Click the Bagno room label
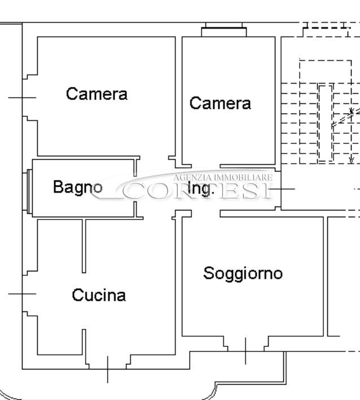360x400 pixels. click(78, 187)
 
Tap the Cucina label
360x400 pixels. click(99, 295)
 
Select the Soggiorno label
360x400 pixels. click(243, 274)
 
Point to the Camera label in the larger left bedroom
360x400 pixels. click(96, 94)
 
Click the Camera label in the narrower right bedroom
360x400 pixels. click(220, 103)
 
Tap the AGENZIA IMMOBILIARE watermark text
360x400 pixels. click(223, 178)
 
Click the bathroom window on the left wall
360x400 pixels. click(29, 191)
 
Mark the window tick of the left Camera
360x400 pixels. click(22, 98)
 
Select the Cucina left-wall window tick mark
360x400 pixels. click(22, 294)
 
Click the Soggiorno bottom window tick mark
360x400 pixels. click(245, 351)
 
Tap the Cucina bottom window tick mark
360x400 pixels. click(107, 370)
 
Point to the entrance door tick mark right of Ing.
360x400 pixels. click(282, 189)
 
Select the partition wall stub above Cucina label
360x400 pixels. click(84, 246)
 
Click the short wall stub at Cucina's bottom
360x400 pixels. click(84, 342)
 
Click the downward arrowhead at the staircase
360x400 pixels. click(352, 160)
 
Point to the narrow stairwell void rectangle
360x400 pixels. click(326, 123)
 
